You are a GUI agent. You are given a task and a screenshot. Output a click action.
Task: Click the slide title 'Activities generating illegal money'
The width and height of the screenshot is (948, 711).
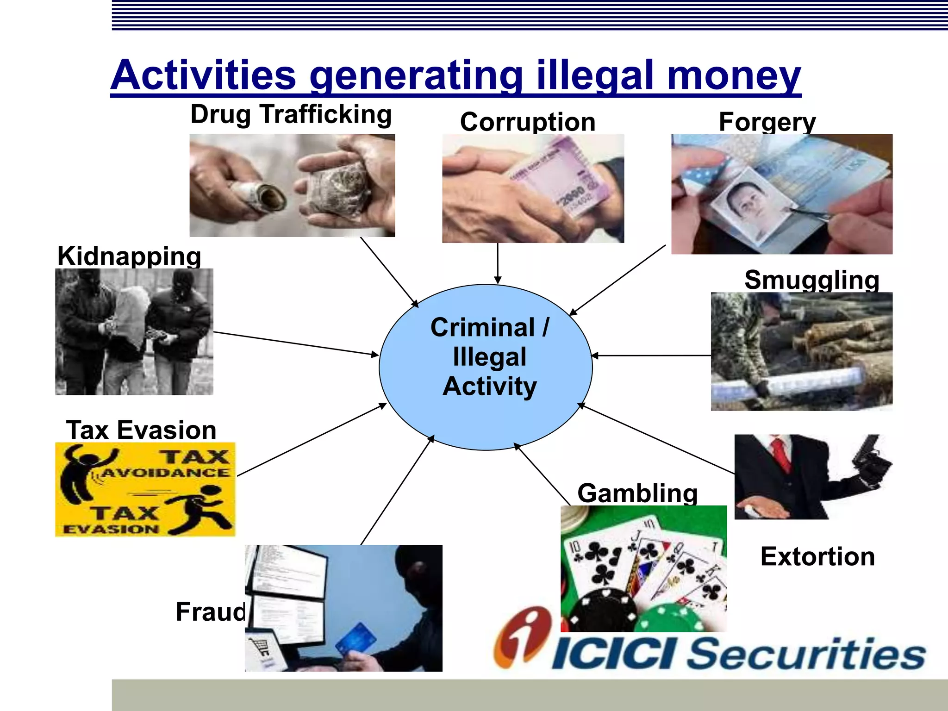(455, 75)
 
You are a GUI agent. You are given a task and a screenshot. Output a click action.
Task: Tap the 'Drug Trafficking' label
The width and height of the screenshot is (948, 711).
(291, 114)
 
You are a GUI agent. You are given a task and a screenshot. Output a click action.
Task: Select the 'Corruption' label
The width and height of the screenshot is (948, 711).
(528, 122)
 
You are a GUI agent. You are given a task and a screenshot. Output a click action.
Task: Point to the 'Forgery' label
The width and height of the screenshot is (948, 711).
(767, 122)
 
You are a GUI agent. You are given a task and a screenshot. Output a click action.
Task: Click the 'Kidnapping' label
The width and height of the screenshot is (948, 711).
(129, 256)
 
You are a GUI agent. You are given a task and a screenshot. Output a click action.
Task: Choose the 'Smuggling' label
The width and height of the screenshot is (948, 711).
(812, 280)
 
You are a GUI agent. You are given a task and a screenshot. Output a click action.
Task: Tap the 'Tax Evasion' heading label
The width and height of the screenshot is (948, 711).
(141, 430)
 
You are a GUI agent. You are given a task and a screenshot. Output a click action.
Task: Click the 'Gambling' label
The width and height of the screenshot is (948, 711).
(637, 493)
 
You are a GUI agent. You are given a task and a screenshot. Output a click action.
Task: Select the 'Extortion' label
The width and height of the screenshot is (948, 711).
(817, 556)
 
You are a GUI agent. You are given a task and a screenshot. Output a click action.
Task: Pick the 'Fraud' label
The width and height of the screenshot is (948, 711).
(211, 611)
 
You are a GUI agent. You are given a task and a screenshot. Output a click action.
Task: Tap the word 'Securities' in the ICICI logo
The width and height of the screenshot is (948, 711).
(805, 654)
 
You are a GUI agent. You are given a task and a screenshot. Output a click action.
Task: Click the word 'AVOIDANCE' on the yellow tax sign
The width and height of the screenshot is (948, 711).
(165, 473)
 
